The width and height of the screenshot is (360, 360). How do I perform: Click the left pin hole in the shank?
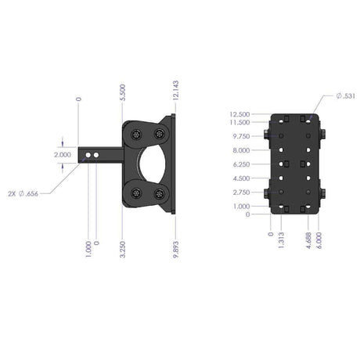tap(89, 157)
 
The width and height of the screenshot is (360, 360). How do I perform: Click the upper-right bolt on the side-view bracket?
tap(160, 133)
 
